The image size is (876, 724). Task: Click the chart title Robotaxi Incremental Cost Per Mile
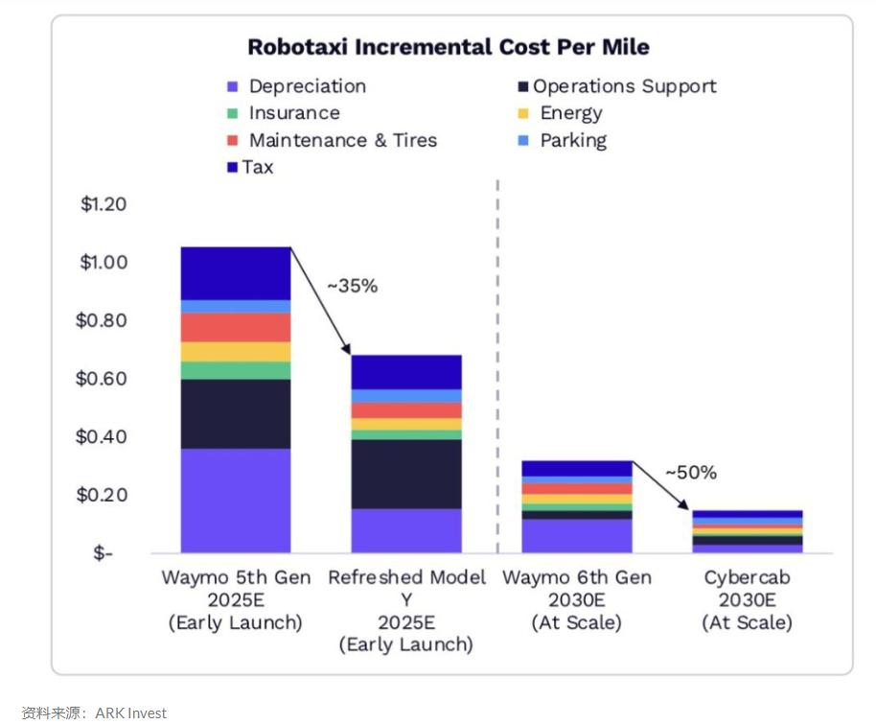tap(449, 47)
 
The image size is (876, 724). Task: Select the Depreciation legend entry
tap(307, 86)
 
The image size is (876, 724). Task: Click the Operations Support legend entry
tap(624, 86)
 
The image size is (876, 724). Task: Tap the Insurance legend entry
tap(293, 113)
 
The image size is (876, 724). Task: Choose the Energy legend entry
tap(570, 113)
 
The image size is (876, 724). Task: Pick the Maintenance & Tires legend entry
tap(342, 140)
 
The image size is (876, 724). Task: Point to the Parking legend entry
tap(572, 140)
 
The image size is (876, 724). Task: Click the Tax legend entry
tap(257, 167)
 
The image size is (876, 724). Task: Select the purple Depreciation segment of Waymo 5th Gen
tap(236, 501)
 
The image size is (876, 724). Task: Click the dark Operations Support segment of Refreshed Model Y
tap(406, 474)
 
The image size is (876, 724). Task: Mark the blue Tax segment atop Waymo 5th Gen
tap(236, 273)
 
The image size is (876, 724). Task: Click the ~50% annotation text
tap(690, 473)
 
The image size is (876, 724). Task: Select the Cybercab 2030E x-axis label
tap(747, 600)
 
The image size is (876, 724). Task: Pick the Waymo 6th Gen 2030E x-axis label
tap(577, 600)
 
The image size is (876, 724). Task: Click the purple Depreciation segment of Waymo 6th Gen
tap(577, 536)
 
